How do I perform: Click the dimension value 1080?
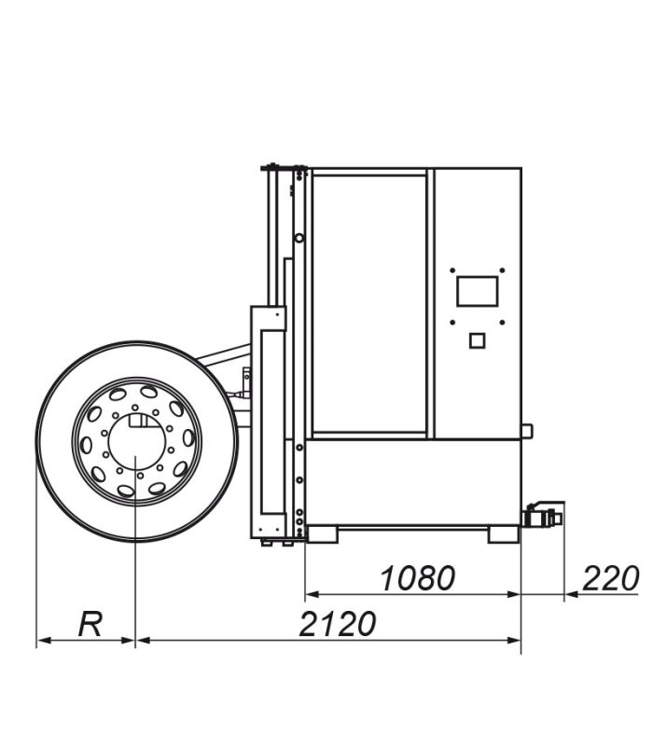(x=418, y=578)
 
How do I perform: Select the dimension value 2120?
(x=338, y=624)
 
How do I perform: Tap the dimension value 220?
(x=611, y=578)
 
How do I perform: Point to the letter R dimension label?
(x=90, y=625)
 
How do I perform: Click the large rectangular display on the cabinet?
(x=477, y=291)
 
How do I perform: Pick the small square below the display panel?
(x=477, y=340)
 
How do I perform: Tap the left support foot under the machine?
(x=322, y=534)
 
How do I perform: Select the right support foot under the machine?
(x=503, y=534)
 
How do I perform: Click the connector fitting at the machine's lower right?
(x=543, y=516)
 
